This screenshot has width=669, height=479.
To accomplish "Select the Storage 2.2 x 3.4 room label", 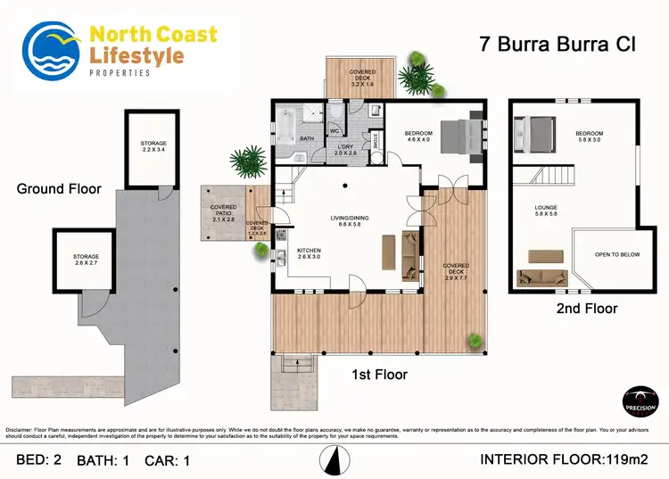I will pyautogui.click(x=153, y=146).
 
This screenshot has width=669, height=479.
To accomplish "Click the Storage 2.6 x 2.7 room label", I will pyautogui.click(x=87, y=260).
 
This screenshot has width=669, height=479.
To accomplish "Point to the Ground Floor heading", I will pyautogui.click(x=59, y=189).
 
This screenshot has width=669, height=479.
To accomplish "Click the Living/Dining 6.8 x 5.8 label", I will pyautogui.click(x=348, y=220).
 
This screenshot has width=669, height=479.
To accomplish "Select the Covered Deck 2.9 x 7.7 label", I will pyautogui.click(x=456, y=270).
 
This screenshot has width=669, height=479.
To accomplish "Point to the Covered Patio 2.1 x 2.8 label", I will pyautogui.click(x=223, y=211).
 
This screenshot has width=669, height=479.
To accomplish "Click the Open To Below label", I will pyautogui.click(x=618, y=255).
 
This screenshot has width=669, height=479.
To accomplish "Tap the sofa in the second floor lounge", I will pyautogui.click(x=542, y=279).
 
